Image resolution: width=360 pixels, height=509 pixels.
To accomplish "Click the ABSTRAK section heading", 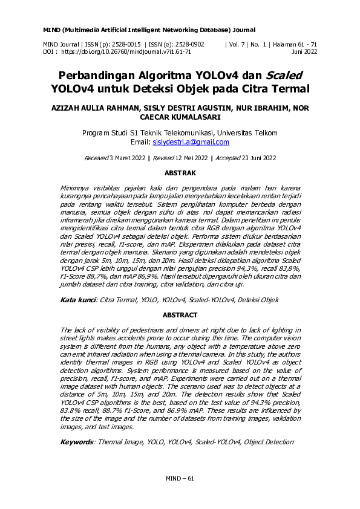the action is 180,173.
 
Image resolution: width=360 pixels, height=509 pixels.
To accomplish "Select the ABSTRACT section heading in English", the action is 180,316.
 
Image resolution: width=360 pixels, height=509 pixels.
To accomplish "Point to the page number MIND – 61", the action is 180,478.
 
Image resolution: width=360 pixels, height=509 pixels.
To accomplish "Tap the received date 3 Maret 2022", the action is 126,158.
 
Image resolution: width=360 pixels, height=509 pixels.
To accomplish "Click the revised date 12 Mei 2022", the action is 184,158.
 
